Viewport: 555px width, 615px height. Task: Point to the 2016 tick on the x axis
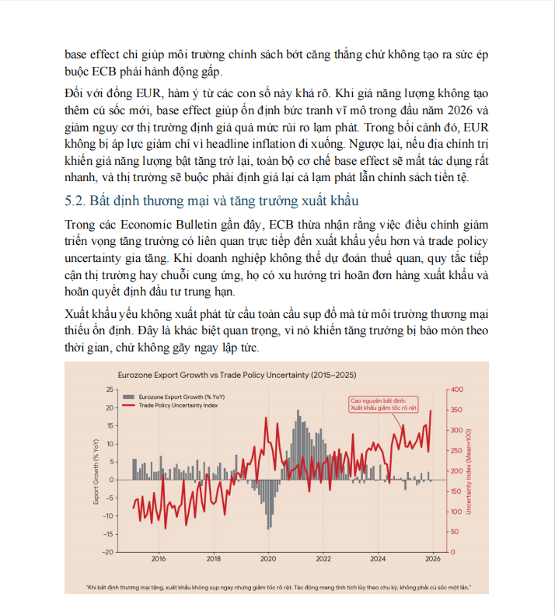click(158, 558)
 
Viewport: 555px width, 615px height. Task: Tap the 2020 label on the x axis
click(268, 558)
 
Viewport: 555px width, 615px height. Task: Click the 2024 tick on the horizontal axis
click(378, 558)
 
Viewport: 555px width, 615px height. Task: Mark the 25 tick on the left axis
click(109, 390)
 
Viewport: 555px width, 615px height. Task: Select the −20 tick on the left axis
click(106, 552)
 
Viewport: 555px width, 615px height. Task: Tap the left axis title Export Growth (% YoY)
click(96, 471)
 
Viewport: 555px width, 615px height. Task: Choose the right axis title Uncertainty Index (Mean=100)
click(470, 471)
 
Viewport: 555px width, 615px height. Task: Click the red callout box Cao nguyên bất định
click(381, 404)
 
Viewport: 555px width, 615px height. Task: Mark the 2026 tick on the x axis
click(433, 558)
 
